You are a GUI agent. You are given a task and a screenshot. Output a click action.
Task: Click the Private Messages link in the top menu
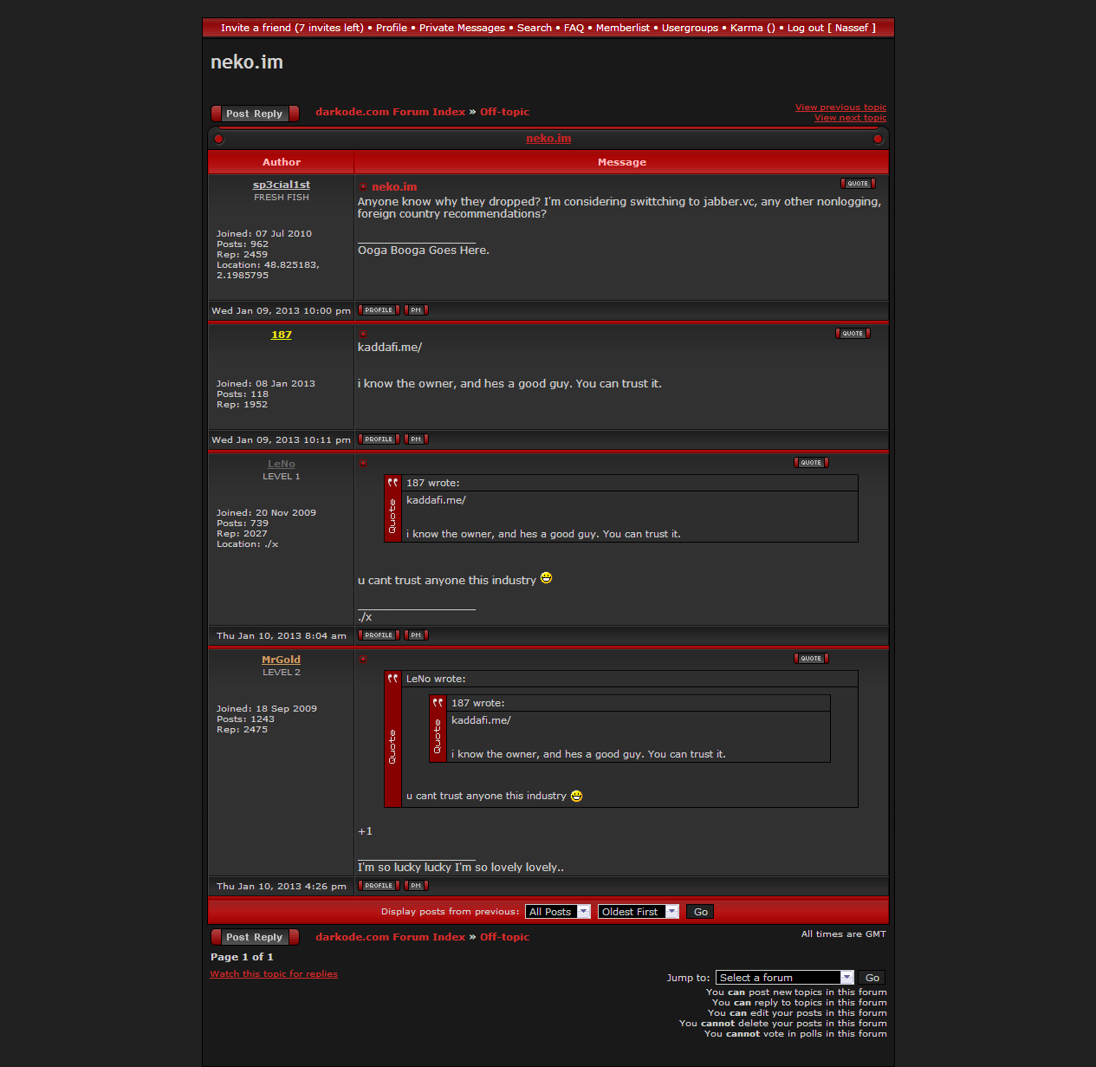[x=462, y=28]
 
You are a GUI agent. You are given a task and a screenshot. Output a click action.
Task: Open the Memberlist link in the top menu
[x=622, y=28]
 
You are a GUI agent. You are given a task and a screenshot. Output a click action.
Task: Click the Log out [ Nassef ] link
[x=831, y=28]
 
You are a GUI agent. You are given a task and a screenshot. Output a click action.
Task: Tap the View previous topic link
[x=840, y=107]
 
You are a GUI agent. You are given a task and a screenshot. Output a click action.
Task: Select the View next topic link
[x=850, y=118]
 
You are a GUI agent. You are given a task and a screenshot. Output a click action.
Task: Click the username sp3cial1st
[x=282, y=185]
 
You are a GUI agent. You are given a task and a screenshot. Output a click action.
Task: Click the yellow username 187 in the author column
[x=282, y=335]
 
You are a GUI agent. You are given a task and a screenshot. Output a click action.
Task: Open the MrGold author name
[x=282, y=660]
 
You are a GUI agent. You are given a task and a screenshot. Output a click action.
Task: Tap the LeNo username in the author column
[x=282, y=464]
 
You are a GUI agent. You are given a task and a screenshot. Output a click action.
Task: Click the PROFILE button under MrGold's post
[x=379, y=886]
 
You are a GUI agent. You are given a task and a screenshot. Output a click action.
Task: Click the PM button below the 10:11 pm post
[x=416, y=439]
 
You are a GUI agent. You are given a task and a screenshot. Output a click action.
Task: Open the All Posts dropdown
[x=558, y=912]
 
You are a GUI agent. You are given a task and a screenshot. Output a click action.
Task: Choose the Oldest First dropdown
[x=638, y=912]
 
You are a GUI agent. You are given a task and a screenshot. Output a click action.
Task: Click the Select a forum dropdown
[x=784, y=978]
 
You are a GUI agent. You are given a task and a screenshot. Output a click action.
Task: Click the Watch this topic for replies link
[x=274, y=974]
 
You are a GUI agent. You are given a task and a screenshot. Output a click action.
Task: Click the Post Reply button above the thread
[x=255, y=114]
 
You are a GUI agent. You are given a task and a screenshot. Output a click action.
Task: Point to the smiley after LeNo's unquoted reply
[x=547, y=578]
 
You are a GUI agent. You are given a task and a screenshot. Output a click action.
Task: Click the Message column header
[x=621, y=162]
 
